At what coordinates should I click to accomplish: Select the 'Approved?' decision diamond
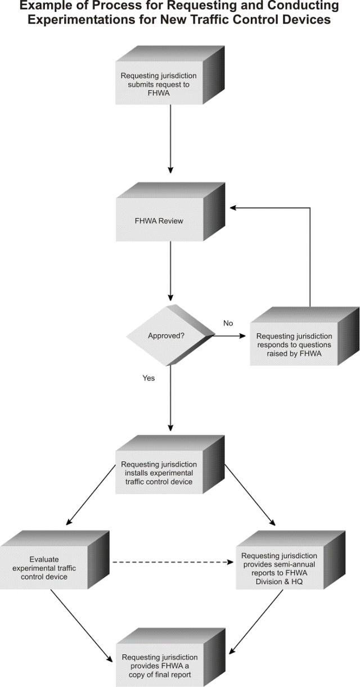(170, 335)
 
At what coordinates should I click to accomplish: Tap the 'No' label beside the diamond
(228, 324)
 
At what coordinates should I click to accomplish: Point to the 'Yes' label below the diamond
(148, 378)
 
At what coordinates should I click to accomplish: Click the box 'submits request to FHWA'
(170, 75)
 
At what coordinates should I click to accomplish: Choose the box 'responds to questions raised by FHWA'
(304, 336)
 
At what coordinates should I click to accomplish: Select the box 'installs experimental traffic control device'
(170, 464)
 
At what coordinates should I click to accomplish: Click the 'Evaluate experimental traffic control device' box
(55, 560)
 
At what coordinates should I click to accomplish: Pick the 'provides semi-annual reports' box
(290, 560)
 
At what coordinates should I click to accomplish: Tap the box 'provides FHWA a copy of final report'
(170, 658)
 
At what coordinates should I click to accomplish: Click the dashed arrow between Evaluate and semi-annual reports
(173, 562)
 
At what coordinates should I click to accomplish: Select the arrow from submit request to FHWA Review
(170, 139)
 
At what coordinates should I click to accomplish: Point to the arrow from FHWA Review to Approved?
(170, 271)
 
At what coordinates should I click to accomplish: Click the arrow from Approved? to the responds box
(229, 336)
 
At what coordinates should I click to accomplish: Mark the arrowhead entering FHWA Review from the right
(233, 208)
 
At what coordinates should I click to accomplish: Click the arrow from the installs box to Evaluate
(91, 495)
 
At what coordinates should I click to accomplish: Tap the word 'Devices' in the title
(307, 20)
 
